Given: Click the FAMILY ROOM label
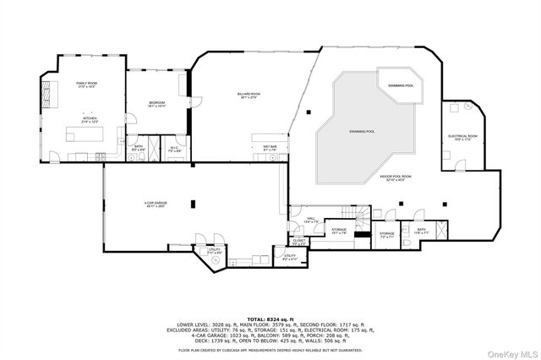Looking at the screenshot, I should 87,84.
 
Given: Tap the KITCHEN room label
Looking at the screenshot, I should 90,122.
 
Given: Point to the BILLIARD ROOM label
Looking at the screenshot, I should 249,95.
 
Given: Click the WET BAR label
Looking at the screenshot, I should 270,147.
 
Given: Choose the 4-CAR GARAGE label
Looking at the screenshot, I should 155,204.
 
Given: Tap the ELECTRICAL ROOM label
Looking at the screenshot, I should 462,137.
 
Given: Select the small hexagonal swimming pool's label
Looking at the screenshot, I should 402,85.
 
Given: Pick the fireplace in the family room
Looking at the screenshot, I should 46,90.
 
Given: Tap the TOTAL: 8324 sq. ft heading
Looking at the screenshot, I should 270,318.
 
